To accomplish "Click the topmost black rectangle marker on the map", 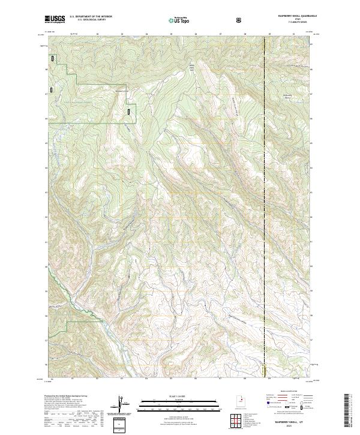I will [53, 59].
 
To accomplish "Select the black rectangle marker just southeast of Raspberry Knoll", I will [129, 111].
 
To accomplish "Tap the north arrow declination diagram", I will [122, 403].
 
